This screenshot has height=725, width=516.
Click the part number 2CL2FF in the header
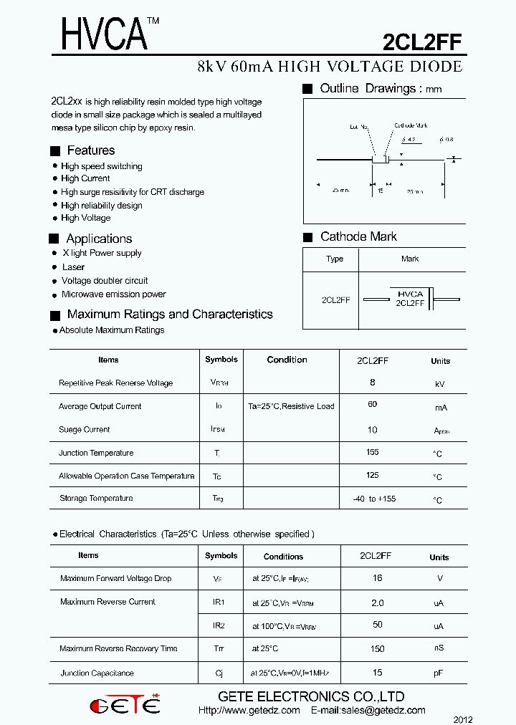point(422,43)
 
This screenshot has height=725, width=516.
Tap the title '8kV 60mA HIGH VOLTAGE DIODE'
point(330,67)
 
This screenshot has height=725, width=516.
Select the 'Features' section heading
point(90,150)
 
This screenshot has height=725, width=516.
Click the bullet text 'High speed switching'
point(101,166)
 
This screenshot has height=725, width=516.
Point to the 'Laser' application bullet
point(73,267)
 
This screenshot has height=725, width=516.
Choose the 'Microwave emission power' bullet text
point(113,294)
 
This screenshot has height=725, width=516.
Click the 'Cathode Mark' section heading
point(358,237)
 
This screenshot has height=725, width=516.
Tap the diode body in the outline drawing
point(380,160)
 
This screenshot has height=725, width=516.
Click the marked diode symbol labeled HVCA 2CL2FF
point(410,299)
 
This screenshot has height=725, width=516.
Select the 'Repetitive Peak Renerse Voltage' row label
point(115,383)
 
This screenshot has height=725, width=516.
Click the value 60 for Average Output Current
point(373,405)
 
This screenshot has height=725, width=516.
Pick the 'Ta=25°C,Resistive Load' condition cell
point(291,406)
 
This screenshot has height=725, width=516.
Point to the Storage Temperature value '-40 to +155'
point(374,499)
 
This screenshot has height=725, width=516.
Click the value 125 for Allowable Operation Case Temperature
point(373,476)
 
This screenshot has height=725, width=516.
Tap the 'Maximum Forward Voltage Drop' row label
point(115,579)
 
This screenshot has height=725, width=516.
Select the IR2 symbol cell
point(219,625)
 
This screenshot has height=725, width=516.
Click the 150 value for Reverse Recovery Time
point(377,649)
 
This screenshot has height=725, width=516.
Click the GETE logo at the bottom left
point(125,705)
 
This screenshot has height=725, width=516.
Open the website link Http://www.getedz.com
point(249,711)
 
